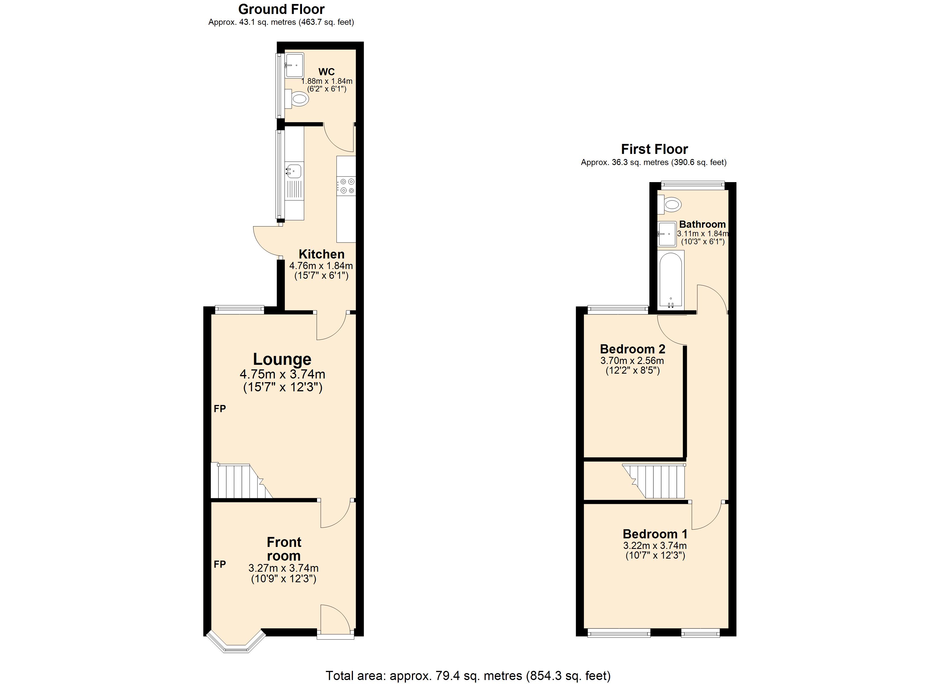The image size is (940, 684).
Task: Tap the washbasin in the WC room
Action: click(x=294, y=65)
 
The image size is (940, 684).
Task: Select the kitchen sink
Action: click(x=294, y=170)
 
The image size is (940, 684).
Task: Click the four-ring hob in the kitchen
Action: click(x=346, y=186)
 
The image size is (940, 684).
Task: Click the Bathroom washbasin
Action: click(x=667, y=234)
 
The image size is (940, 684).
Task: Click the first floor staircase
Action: click(x=657, y=481)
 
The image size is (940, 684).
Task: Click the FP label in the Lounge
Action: click(x=220, y=409)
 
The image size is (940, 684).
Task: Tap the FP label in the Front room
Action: click(x=220, y=564)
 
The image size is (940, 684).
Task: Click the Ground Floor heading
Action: click(x=281, y=9)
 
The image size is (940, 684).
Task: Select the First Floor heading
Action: click(x=654, y=149)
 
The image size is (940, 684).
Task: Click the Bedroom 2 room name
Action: click(x=632, y=349)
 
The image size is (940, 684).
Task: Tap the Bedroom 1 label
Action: click(x=655, y=534)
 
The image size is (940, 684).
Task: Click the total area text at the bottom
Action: click(x=468, y=676)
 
